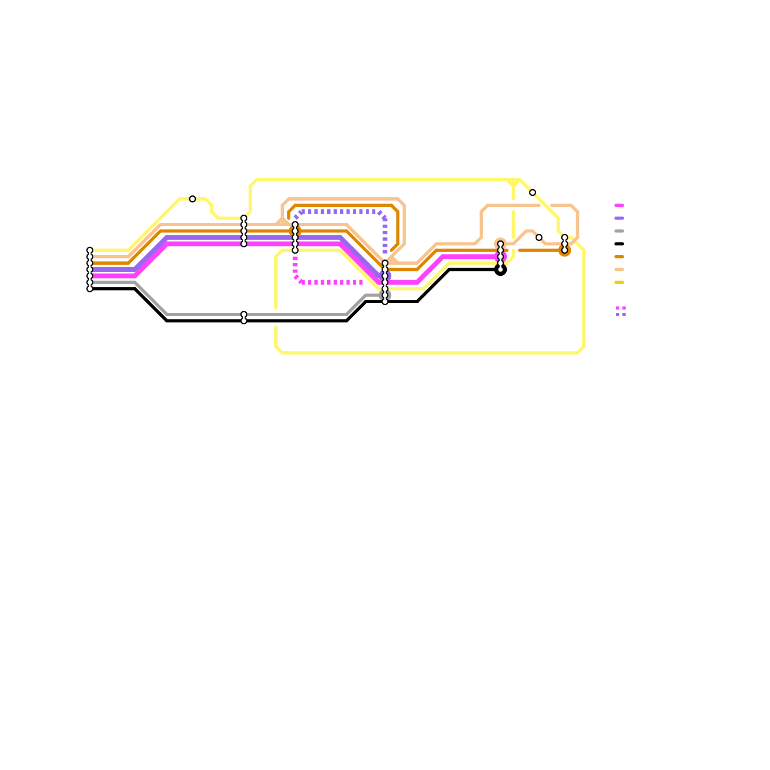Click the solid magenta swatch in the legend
[x=619, y=205]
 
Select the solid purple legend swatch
[x=619, y=218]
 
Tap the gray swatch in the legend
[x=619, y=231]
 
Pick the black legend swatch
[x=619, y=244]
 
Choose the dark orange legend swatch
[x=619, y=257]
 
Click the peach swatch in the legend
[x=619, y=269]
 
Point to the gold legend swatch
[x=619, y=282]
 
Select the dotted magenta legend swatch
[x=621, y=308]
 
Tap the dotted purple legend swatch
[x=621, y=315]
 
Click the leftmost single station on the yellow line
[x=192, y=199]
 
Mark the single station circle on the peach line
[x=539, y=238]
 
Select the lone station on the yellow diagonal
[x=532, y=193]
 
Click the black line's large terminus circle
[x=500, y=270]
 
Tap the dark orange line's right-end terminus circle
[x=565, y=250]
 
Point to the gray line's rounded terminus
[x=385, y=295]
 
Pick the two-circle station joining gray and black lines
[x=244, y=318]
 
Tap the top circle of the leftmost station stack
[x=90, y=250]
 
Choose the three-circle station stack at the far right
[x=565, y=244]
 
